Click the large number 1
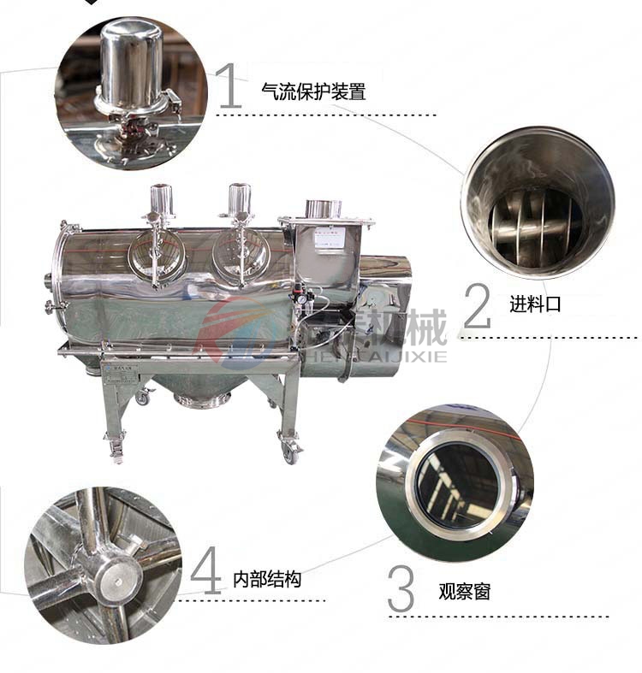tap(229, 87)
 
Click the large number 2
tap(477, 304)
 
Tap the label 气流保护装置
tap(313, 92)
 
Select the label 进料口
tap(535, 304)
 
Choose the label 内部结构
tap(267, 580)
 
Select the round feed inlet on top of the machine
tap(323, 209)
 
